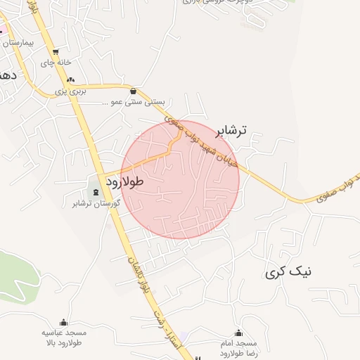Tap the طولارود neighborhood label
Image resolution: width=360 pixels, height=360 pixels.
[124, 181]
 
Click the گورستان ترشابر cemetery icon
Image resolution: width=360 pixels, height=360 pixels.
[96, 193]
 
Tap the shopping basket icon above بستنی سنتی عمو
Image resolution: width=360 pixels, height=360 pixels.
[134, 91]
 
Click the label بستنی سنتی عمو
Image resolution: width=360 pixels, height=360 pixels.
[134, 102]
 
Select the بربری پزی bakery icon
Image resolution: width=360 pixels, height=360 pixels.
[70, 80]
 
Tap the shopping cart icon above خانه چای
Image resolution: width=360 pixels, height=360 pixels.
[56, 52]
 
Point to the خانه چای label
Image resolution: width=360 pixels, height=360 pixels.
[56, 63]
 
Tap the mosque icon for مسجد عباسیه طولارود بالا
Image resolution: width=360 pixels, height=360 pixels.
[63, 322]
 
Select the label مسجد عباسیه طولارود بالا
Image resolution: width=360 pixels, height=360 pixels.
[63, 338]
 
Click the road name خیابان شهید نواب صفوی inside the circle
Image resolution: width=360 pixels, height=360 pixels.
[209, 149]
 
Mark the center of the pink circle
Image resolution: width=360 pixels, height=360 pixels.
[181, 179]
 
